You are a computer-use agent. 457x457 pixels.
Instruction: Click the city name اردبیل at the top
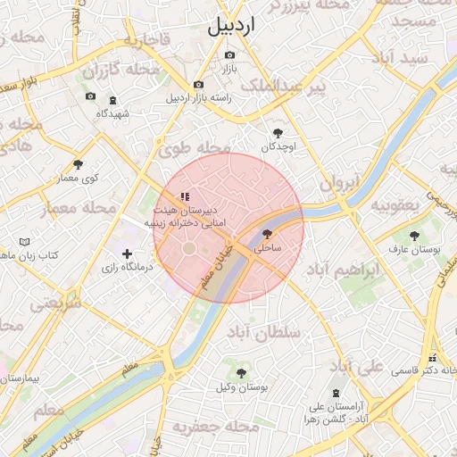tap(231, 27)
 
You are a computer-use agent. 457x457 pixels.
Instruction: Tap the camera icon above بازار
tap(230, 55)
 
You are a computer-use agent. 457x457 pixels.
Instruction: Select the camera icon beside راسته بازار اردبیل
tap(198, 85)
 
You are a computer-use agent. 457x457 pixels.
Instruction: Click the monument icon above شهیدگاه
tap(112, 100)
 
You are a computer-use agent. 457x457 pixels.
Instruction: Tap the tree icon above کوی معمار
tap(79, 164)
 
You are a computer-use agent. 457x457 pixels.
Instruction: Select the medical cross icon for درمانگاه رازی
tap(127, 253)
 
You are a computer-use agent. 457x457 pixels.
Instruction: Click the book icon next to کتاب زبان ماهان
tap(24, 242)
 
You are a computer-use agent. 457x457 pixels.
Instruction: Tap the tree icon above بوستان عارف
tap(413, 236)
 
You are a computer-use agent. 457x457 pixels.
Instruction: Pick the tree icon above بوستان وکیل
tap(240, 372)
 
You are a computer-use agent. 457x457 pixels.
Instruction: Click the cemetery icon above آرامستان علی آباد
tap(336, 394)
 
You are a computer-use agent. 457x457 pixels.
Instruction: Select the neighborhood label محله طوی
tap(195, 149)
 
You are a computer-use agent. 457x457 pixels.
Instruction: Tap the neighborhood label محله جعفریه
tap(208, 428)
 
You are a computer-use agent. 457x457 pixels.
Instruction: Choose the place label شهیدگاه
tap(113, 113)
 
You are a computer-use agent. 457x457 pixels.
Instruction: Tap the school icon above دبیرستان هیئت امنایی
tap(185, 195)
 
